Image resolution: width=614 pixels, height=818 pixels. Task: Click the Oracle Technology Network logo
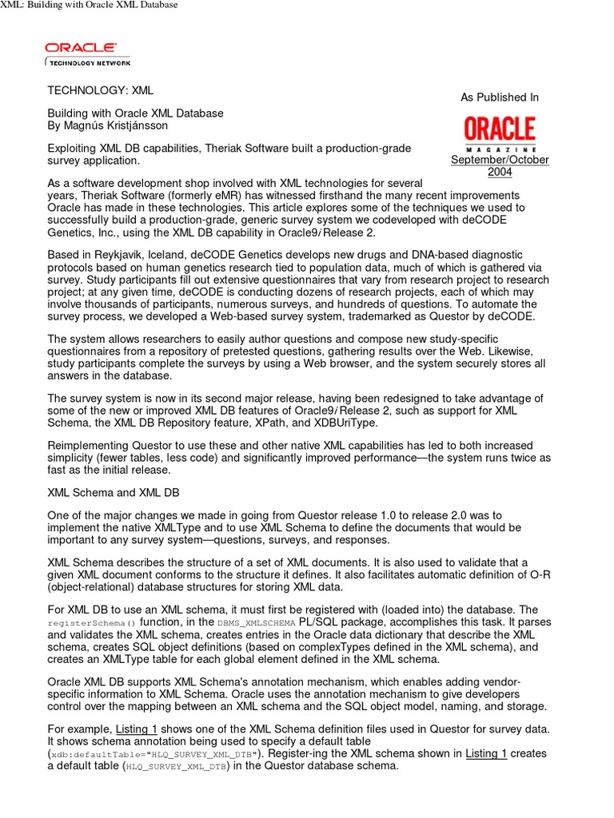pos(88,54)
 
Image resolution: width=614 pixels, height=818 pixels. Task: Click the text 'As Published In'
pos(500,97)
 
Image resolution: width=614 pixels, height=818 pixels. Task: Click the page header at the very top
pos(89,5)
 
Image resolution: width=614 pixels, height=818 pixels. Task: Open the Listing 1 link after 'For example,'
pos(136,729)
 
